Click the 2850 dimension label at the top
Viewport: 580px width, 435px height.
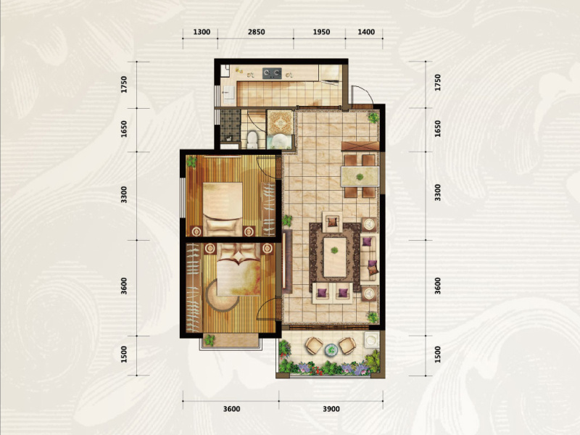click(257, 32)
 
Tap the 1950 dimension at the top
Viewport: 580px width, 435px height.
click(321, 32)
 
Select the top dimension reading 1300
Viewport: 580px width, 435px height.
click(202, 32)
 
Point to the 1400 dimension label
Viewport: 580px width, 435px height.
click(366, 32)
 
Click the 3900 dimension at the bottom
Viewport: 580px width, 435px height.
click(331, 409)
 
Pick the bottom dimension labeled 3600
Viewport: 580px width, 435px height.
click(231, 409)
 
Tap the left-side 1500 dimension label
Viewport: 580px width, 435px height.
click(124, 355)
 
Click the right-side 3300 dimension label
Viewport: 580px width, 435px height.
click(438, 192)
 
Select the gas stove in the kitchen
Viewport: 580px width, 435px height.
click(272, 73)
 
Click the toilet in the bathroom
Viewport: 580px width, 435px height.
click(252, 139)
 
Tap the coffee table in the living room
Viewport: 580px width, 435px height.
click(335, 257)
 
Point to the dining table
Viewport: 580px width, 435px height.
click(360, 176)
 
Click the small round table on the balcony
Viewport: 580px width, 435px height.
click(331, 349)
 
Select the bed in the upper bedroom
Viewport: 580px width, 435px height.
click(223, 209)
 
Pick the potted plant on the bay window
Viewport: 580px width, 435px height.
click(210, 339)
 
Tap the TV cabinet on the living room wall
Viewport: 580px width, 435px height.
click(287, 261)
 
